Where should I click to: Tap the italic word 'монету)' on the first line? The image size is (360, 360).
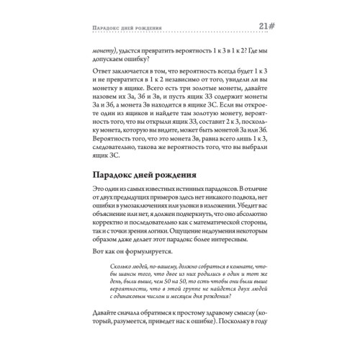(107, 52)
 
